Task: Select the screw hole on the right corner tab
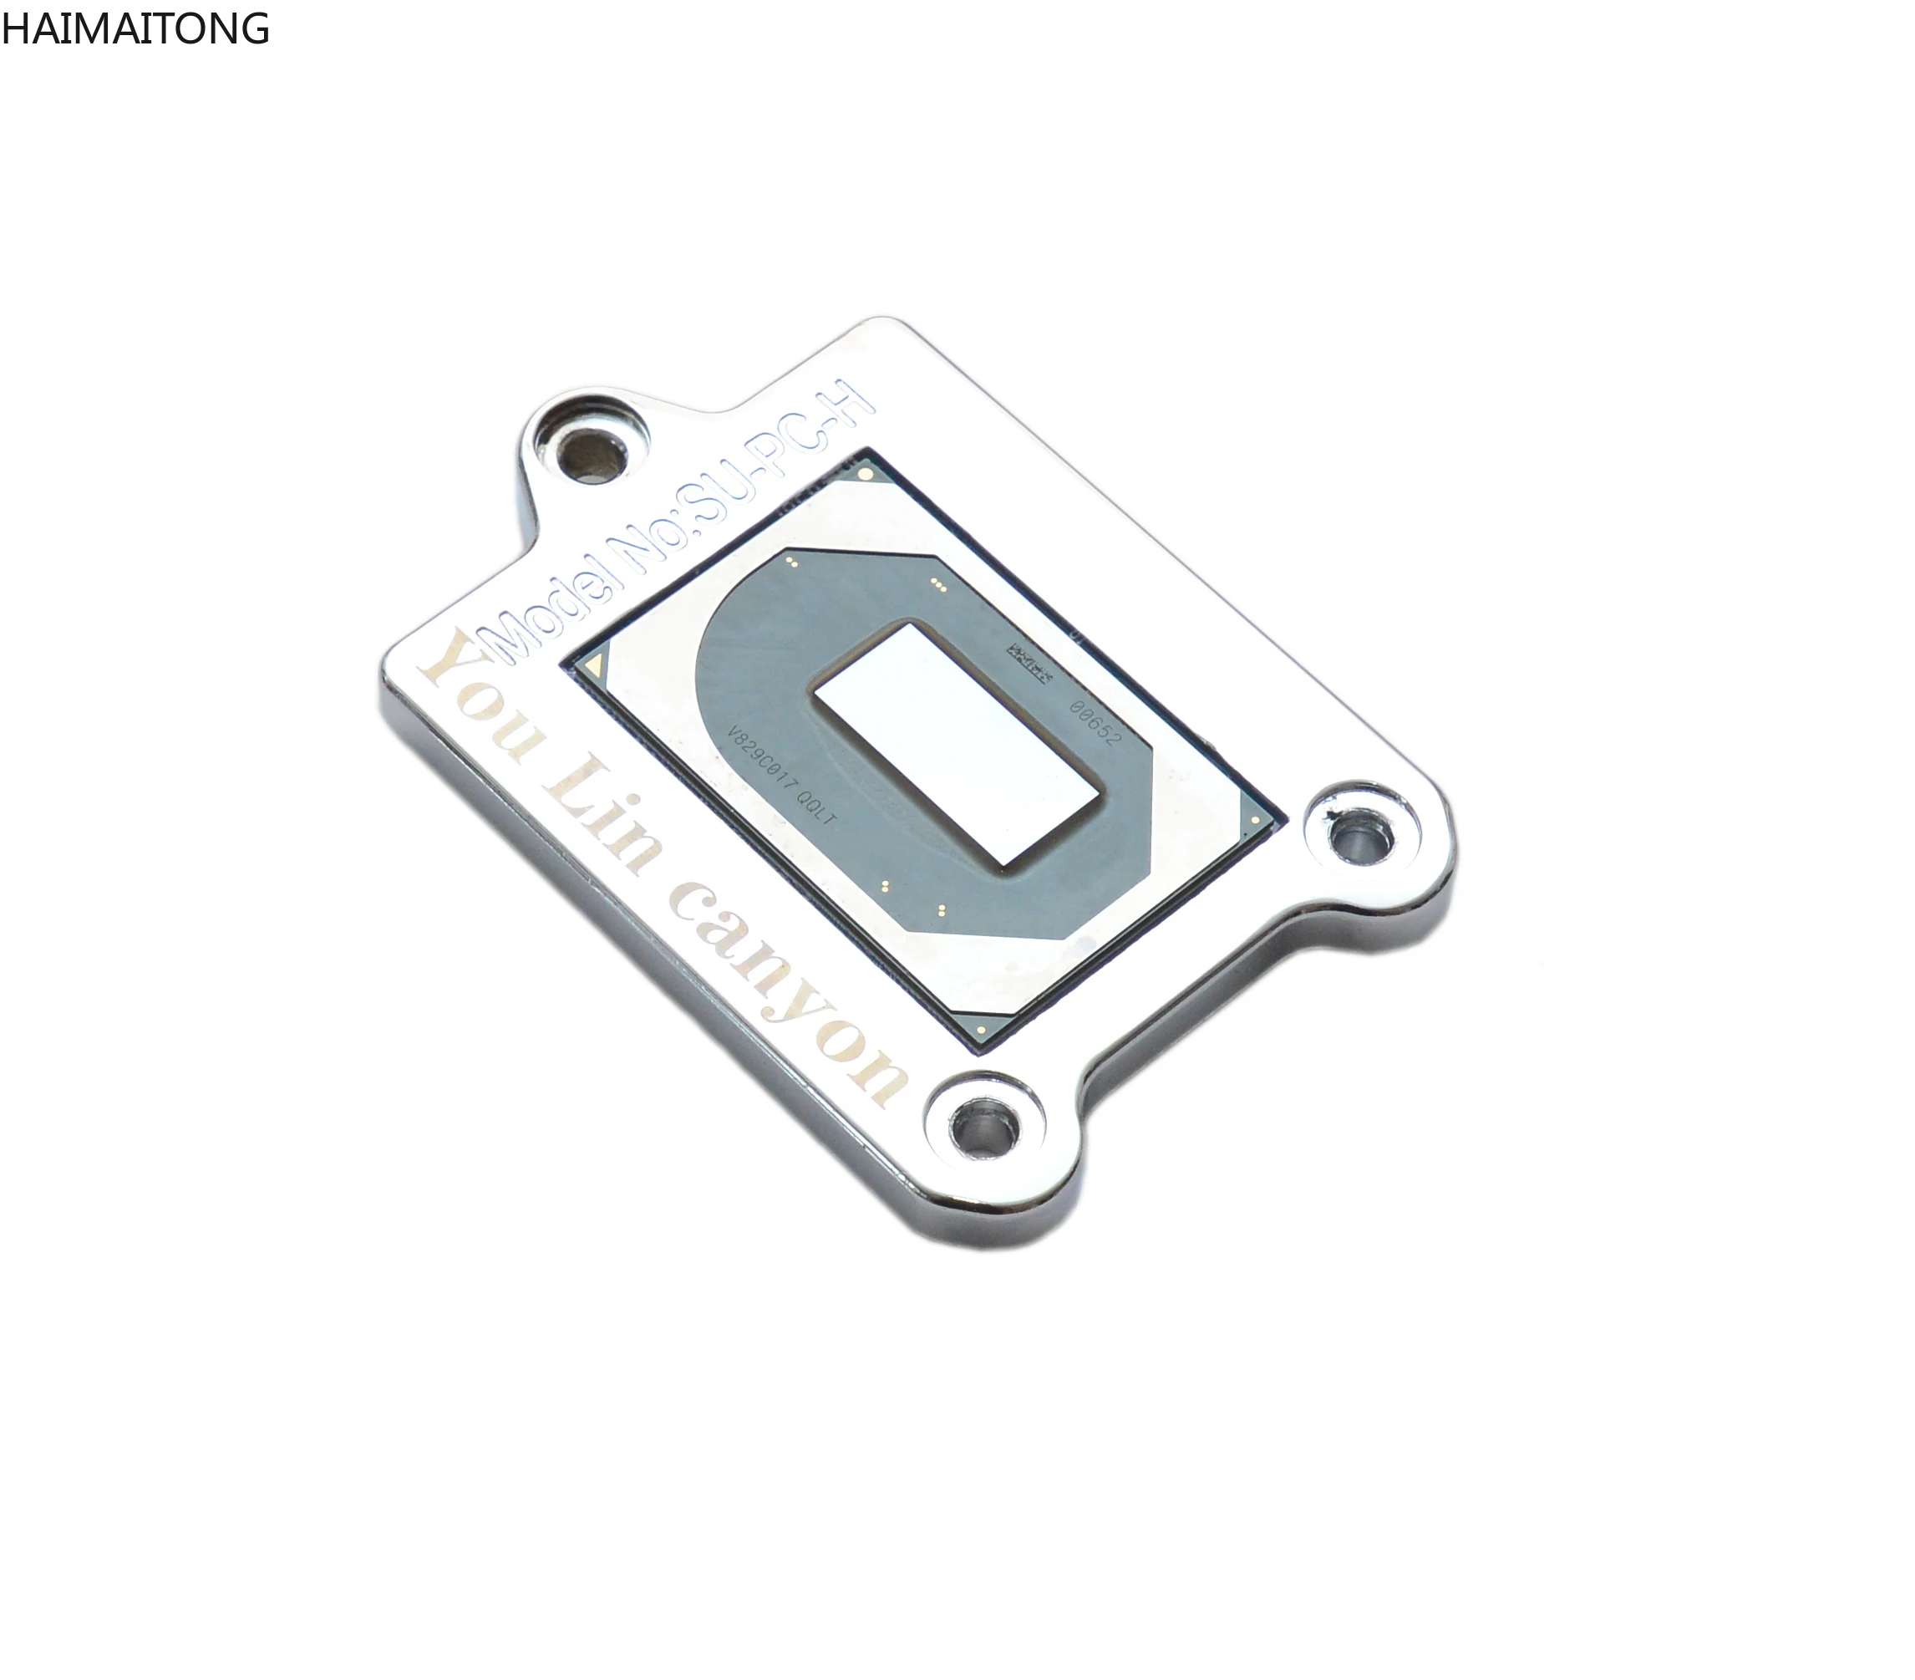pyautogui.click(x=1361, y=837)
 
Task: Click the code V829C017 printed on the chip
pyautogui.click(x=759, y=759)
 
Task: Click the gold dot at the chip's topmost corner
pyautogui.click(x=865, y=475)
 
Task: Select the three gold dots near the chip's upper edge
pyautogui.click(x=937, y=585)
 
